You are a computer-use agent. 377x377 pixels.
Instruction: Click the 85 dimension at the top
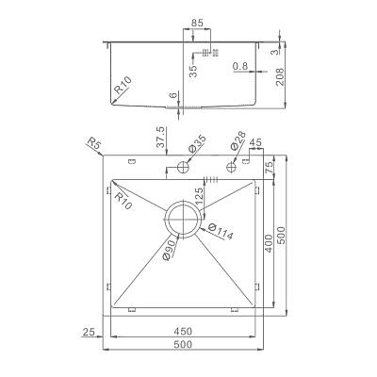[x=197, y=23]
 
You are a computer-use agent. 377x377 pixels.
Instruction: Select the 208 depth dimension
[x=279, y=77]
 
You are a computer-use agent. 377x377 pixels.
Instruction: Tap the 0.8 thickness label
[x=240, y=66]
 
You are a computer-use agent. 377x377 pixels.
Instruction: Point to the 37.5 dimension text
[x=160, y=137]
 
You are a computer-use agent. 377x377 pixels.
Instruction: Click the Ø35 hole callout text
[x=196, y=144]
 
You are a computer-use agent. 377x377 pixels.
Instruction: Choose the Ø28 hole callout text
[x=238, y=140]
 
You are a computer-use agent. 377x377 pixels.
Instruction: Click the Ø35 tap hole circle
[x=183, y=167]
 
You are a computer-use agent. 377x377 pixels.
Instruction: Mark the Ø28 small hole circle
[x=232, y=166]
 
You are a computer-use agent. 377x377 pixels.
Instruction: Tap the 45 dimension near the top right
[x=255, y=142]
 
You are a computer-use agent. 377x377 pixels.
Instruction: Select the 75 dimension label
[x=270, y=167]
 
